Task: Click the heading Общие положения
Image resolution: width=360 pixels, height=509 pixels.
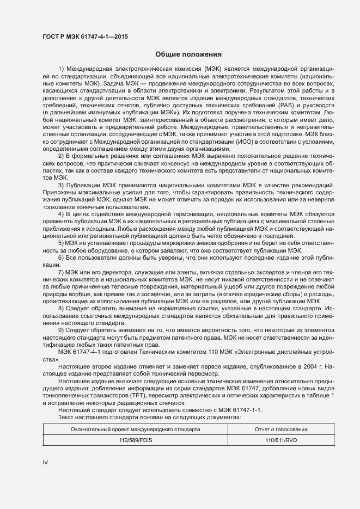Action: click(x=188, y=54)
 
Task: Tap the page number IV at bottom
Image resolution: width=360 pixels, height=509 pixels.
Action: click(x=45, y=462)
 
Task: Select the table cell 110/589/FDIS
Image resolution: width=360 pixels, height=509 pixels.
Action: click(x=136, y=440)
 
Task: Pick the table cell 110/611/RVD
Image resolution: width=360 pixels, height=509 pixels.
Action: click(x=281, y=440)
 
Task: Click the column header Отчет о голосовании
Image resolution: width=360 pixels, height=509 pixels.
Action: click(x=281, y=429)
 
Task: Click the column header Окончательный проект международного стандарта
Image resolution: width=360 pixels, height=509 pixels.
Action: click(x=136, y=429)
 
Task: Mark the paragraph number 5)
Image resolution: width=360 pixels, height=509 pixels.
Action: click(x=61, y=243)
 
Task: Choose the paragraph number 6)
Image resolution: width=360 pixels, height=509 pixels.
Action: click(x=61, y=256)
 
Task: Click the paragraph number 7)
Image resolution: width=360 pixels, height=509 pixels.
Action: click(x=61, y=271)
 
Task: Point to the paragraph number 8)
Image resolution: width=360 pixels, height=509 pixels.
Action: click(x=61, y=308)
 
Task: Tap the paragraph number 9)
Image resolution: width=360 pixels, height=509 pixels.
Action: click(x=61, y=330)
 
